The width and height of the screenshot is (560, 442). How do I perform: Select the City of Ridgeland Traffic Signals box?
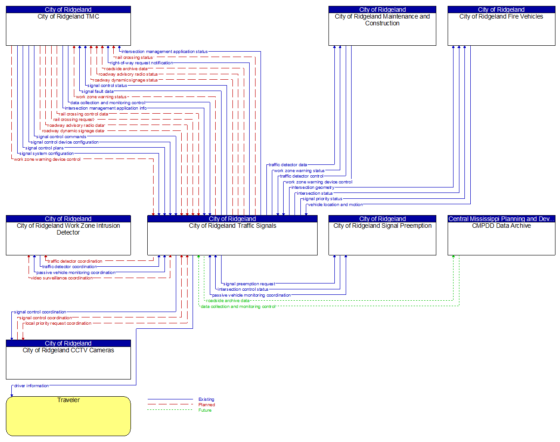pyautogui.click(x=232, y=238)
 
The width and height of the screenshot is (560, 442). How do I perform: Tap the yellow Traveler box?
pyautogui.click(x=68, y=416)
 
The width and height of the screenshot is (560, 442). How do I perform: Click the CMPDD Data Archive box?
pyautogui.click(x=501, y=238)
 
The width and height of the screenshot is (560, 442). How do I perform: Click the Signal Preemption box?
pyautogui.click(x=382, y=238)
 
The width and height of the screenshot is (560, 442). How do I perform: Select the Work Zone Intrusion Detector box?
pyautogui.click(x=68, y=238)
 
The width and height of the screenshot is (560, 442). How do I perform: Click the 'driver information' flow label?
pyautogui.click(x=31, y=386)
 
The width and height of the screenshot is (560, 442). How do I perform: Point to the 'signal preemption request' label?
pyautogui.click(x=249, y=284)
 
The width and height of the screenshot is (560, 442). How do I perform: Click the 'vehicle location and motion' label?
pyautogui.click(x=335, y=205)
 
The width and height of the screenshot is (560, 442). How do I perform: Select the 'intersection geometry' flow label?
pyautogui.click(x=313, y=187)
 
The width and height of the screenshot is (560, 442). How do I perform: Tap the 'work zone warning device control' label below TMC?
pyautogui.click(x=47, y=159)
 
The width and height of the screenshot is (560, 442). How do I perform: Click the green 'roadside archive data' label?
pyautogui.click(x=228, y=301)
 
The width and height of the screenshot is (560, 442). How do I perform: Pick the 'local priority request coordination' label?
pyautogui.click(x=58, y=323)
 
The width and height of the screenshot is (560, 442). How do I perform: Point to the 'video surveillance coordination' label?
pyautogui.click(x=62, y=278)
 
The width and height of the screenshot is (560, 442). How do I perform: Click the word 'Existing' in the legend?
pyautogui.click(x=206, y=399)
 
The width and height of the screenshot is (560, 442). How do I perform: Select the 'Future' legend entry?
pyautogui.click(x=205, y=410)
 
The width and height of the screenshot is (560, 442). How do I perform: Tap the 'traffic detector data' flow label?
pyautogui.click(x=288, y=165)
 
